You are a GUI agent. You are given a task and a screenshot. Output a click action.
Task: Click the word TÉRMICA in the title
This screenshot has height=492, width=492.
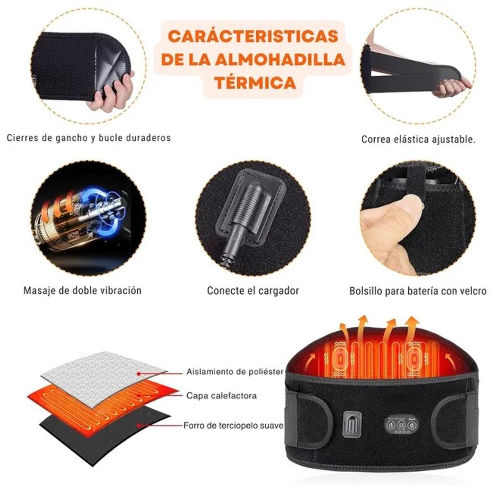tap(255, 82)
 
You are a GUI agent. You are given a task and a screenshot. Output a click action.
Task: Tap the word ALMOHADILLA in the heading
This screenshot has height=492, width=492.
tap(289, 59)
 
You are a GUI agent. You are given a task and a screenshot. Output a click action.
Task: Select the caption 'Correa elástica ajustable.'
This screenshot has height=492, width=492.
tap(418, 139)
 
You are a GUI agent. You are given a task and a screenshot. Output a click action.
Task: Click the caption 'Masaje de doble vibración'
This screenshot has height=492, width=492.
tap(82, 291)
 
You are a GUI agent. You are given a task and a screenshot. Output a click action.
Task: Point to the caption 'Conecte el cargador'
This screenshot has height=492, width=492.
tap(253, 291)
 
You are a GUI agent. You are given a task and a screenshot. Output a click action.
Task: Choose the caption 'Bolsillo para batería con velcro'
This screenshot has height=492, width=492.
tap(418, 291)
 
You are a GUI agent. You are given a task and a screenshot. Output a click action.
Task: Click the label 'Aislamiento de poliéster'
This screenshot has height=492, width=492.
tap(235, 372)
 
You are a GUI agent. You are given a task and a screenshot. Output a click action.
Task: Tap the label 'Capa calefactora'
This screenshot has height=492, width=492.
tap(221, 396)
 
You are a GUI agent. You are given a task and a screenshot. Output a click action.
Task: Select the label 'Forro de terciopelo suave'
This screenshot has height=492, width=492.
tap(233, 426)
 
